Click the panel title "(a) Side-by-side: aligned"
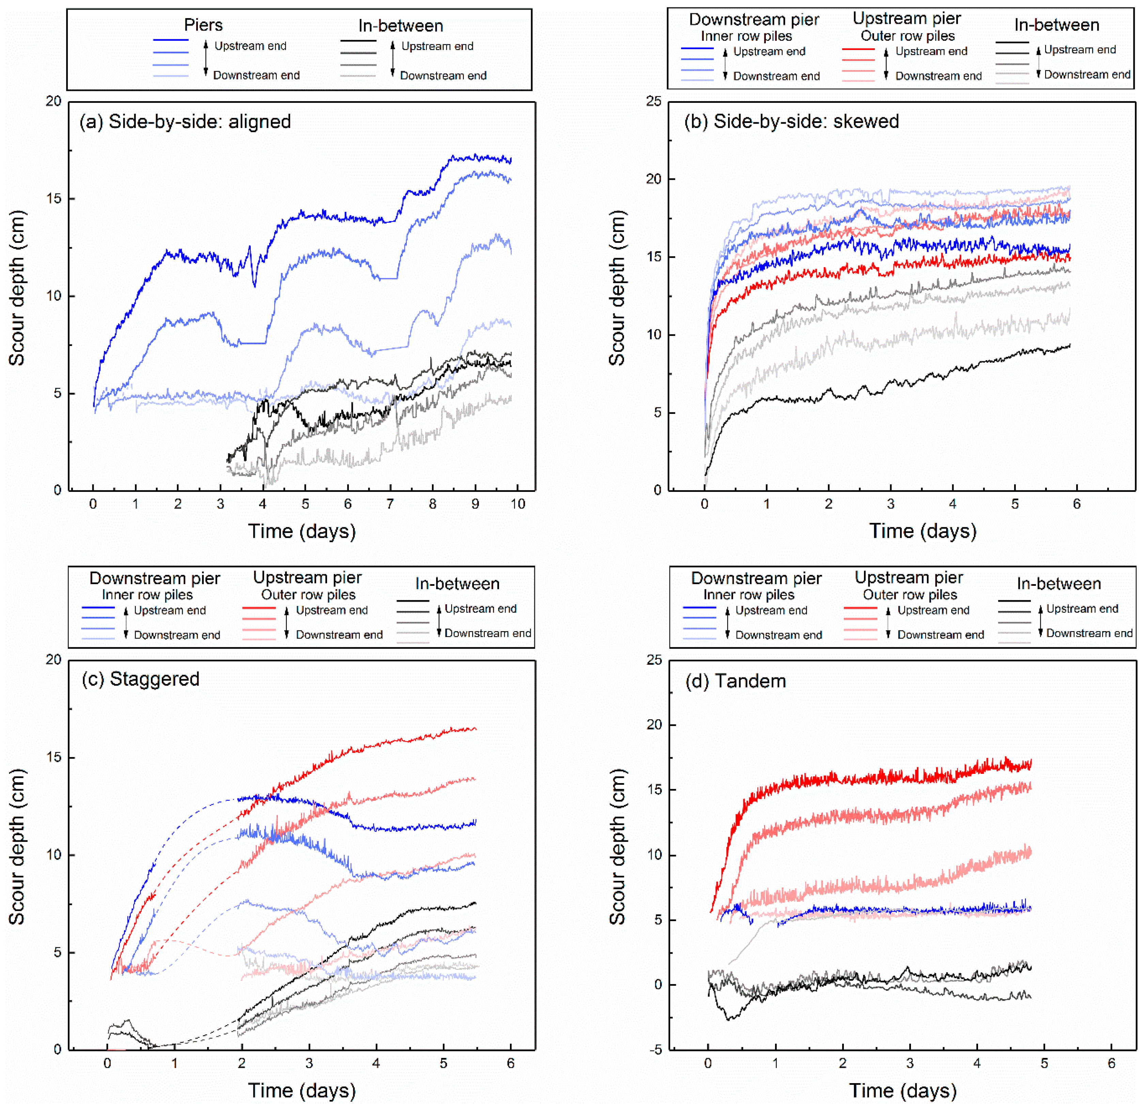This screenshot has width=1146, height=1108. (x=185, y=122)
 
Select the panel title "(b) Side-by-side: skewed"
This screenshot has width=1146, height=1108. (x=792, y=122)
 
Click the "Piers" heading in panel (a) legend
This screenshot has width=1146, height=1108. (x=203, y=25)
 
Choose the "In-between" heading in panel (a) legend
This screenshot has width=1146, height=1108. (x=401, y=26)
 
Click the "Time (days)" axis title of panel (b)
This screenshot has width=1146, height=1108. (x=923, y=531)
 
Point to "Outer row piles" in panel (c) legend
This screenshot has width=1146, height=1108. (x=308, y=595)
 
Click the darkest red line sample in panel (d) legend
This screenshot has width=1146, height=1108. (x=860, y=608)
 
